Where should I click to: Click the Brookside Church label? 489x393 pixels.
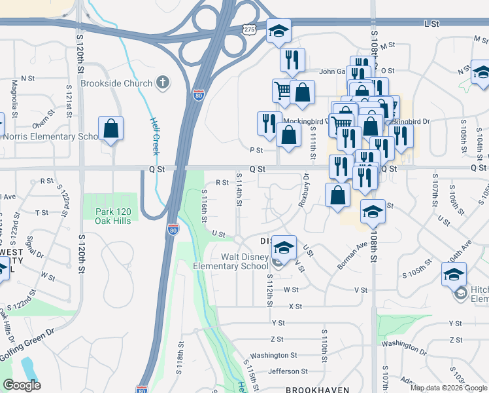[116, 83]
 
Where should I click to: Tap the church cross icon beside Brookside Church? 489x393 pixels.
[162, 83]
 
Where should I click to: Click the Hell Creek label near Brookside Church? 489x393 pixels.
[155, 136]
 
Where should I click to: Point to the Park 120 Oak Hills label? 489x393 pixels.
[113, 216]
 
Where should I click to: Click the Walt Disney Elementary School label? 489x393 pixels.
[231, 261]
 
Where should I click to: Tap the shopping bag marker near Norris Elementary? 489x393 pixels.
[111, 128]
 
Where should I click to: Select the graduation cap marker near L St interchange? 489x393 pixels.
[278, 30]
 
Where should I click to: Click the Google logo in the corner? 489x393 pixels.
[22, 385]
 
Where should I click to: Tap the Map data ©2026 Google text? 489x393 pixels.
[448, 388]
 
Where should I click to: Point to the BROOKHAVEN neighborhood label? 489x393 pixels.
[316, 389]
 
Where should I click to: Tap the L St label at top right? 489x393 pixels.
[430, 24]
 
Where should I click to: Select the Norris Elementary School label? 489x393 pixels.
[50, 136]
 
